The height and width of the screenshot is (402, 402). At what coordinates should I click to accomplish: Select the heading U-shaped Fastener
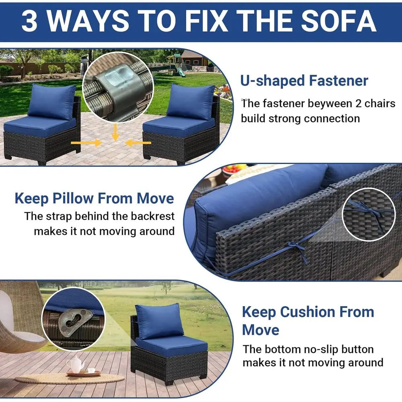[304, 80]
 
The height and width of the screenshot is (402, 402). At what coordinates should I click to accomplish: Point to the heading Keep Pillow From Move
[94, 199]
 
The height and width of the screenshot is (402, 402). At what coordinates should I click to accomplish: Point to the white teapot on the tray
[76, 365]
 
